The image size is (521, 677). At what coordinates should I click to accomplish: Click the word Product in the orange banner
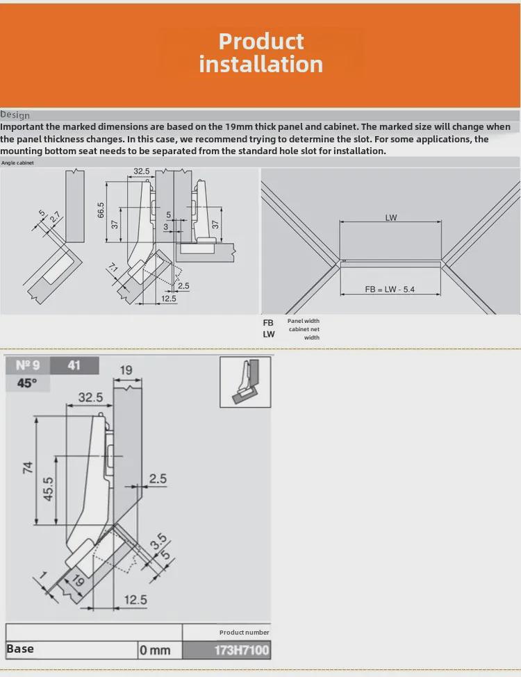261,41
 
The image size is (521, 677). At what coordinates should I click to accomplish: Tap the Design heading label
15,115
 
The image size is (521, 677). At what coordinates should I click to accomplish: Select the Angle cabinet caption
17,162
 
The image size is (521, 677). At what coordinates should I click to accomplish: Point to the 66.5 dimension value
100,210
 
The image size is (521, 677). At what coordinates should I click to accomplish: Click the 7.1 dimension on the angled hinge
113,269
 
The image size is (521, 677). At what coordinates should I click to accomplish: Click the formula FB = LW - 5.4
390,289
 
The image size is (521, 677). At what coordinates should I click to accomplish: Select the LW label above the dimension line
391,217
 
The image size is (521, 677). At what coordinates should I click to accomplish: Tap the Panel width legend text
304,321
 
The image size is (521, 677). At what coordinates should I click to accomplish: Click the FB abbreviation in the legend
268,323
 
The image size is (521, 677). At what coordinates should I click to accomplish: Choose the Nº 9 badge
28,365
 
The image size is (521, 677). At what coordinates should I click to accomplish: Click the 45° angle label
26,383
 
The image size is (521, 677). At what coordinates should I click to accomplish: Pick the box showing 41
74,365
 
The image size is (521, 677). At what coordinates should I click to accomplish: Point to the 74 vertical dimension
28,467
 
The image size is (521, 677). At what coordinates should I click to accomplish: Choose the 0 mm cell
155,651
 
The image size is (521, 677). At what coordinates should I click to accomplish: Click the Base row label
20,649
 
